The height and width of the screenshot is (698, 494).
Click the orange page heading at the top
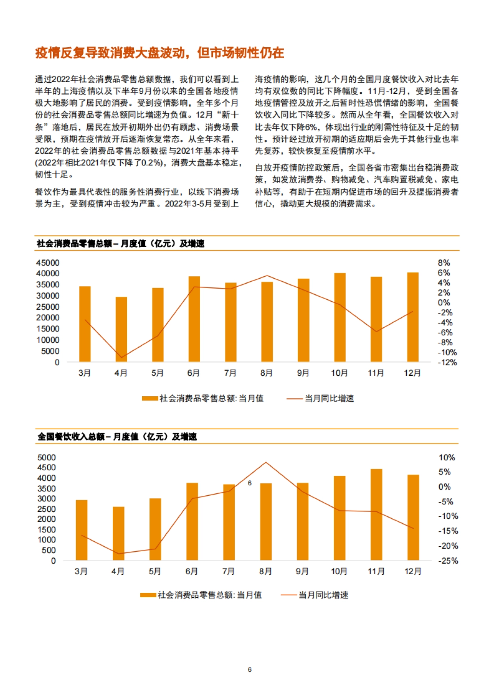coord(159,53)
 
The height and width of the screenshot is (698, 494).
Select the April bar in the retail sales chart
coord(121,329)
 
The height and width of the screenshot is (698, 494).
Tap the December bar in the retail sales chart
coord(412,317)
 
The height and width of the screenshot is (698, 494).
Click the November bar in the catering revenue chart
coord(376,514)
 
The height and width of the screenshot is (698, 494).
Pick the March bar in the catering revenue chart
coord(82,530)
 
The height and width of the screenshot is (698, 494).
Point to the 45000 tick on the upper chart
coord(48,263)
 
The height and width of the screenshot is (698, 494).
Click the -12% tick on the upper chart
coord(447,363)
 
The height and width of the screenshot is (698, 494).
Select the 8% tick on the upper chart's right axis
coord(444,263)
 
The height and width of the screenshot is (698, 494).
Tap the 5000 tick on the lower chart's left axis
coord(46,458)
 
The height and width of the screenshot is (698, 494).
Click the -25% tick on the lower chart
coord(448,561)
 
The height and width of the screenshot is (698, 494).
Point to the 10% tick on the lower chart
coord(447,458)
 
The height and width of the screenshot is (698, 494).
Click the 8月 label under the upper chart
coord(266,373)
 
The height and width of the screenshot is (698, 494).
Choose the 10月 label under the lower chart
coord(339,571)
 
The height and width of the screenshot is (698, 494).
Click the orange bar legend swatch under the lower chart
coord(148,595)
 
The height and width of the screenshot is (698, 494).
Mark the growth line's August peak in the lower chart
coord(266,462)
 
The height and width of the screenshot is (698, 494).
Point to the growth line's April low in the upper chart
coord(121,358)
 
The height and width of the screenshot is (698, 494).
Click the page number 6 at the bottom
coord(249,670)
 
